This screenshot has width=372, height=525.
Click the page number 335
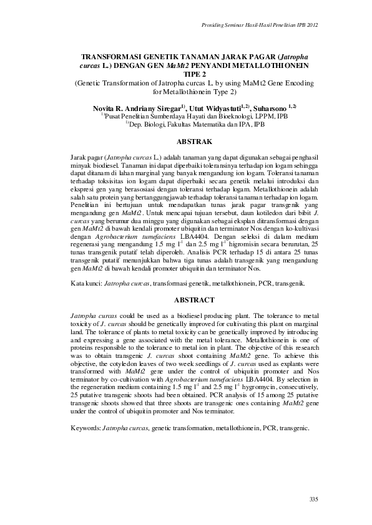pos(314,499)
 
